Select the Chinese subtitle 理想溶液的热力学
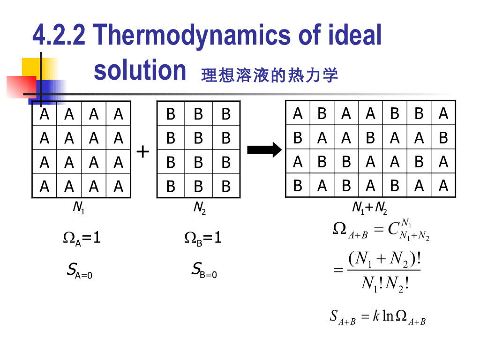click(269, 75)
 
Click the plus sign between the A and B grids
click(143, 151)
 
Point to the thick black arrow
click(264, 150)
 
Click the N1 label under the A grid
click(79, 208)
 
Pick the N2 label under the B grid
click(199, 208)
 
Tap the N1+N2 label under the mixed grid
click(369, 208)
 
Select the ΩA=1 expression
click(82, 238)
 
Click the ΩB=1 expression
click(202, 238)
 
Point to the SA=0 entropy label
click(79, 270)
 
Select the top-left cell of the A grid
click(45, 114)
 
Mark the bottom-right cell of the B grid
click(226, 187)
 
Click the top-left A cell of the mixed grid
click(298, 113)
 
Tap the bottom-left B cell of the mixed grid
click(298, 186)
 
